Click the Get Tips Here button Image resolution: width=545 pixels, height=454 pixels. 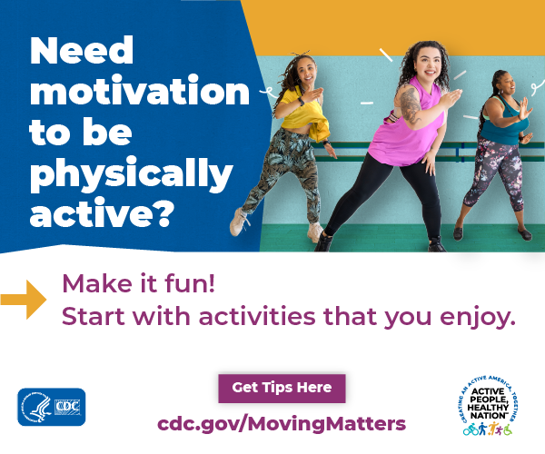click(x=282, y=388)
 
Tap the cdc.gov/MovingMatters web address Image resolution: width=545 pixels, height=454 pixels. click(x=282, y=423)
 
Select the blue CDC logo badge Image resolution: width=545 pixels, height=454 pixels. click(x=51, y=406)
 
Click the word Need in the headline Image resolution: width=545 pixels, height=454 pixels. click(x=82, y=51)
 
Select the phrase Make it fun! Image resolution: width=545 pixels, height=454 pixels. click(x=138, y=283)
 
